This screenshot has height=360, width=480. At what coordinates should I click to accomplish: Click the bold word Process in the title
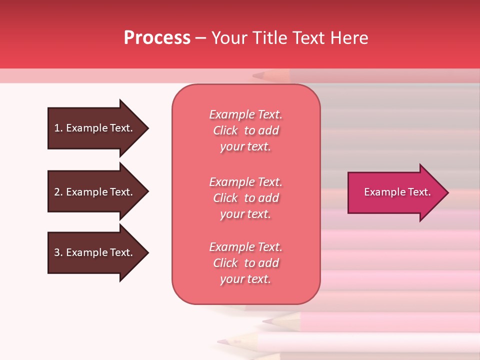pyautogui.click(x=157, y=38)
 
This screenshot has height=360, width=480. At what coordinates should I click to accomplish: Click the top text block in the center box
pyautogui.click(x=245, y=130)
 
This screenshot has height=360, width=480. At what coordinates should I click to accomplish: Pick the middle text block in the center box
pyautogui.click(x=245, y=197)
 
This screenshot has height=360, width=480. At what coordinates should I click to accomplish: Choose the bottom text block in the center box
pyautogui.click(x=245, y=263)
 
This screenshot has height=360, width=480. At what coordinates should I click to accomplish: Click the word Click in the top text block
pyautogui.click(x=225, y=130)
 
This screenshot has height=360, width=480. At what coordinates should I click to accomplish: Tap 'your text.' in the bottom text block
pyautogui.click(x=245, y=279)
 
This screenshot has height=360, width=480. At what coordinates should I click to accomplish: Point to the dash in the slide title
pyautogui.click(x=200, y=38)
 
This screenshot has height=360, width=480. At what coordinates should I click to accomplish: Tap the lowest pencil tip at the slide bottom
pyautogui.click(x=220, y=342)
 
